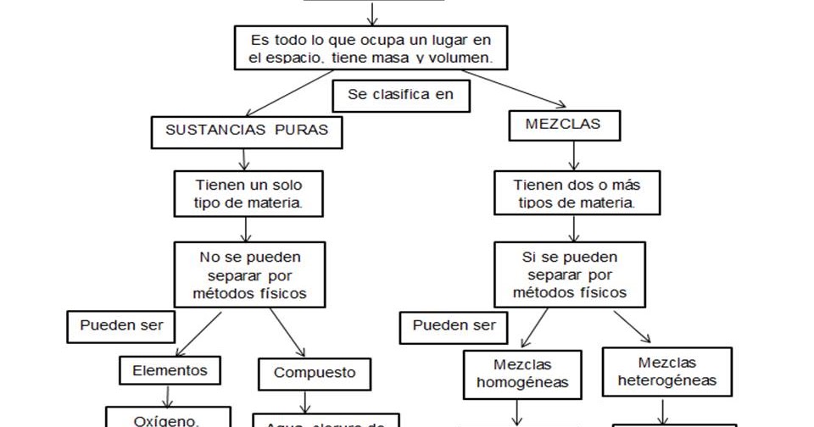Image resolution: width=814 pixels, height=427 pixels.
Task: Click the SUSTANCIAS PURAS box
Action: click(x=247, y=132)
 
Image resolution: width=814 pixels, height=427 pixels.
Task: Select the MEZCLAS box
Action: click(x=563, y=125)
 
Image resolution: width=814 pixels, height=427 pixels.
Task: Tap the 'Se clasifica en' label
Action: click(x=401, y=95)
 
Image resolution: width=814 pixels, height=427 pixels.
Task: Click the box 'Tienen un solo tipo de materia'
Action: click(x=248, y=193)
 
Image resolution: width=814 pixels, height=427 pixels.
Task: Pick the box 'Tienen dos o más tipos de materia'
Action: click(x=576, y=193)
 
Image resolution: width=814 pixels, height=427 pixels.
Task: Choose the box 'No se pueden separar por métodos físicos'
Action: click(x=250, y=274)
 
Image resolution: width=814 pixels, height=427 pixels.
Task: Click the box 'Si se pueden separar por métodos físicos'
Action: click(x=571, y=273)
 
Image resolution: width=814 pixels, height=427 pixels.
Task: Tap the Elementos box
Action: click(x=170, y=370)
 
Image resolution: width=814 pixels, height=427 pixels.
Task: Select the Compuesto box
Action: click(x=315, y=373)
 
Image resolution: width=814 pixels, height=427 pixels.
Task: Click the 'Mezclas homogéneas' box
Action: click(x=521, y=374)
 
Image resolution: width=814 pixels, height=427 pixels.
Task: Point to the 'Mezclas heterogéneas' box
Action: click(x=666, y=371)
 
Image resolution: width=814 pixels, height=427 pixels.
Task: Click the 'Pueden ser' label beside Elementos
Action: click(x=122, y=325)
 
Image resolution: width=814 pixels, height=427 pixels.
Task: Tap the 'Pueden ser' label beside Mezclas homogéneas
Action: click(x=454, y=326)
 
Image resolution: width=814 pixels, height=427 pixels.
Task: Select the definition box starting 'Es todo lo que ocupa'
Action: click(x=371, y=48)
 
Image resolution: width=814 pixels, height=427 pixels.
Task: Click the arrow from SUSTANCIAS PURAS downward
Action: click(x=245, y=159)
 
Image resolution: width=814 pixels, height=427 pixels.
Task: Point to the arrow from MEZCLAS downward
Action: click(x=575, y=155)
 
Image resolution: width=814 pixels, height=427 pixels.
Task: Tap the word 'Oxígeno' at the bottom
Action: click(x=166, y=420)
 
